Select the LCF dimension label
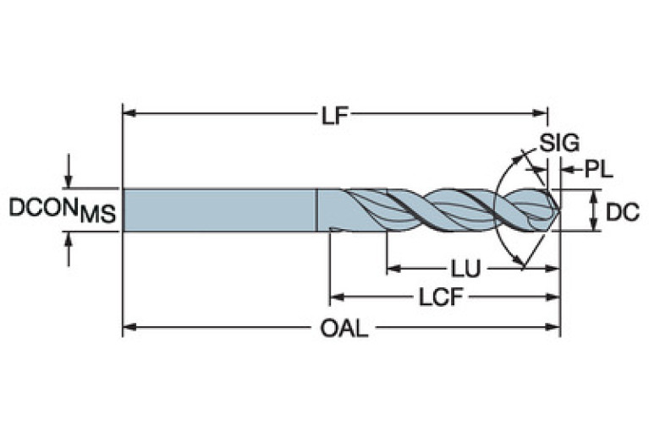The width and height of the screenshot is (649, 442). tap(439, 297)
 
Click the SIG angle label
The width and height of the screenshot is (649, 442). tap(559, 144)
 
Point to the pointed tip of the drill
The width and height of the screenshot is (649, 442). tap(557, 209)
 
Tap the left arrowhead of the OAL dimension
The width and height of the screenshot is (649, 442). tap(129, 325)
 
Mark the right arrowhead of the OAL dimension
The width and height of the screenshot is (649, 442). tap(553, 325)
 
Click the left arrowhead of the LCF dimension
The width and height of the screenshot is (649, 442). tap(335, 297)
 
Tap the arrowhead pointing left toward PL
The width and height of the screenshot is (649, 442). tap(565, 170)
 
